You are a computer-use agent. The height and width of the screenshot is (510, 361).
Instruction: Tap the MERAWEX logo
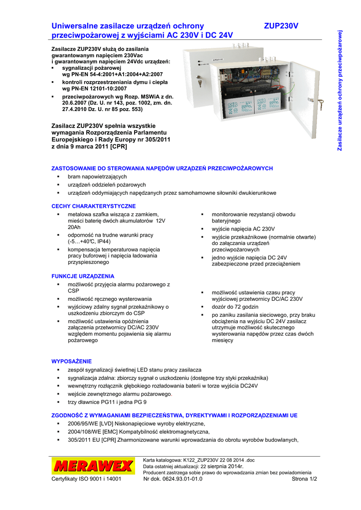pos(93,467)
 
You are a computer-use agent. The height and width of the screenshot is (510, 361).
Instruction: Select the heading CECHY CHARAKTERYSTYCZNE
pos(94,206)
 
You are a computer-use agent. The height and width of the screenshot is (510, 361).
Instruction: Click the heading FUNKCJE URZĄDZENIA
pos(83,276)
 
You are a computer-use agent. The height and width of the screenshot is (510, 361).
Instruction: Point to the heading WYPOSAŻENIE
pos(72,361)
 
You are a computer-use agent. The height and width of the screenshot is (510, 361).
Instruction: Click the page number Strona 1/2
pos(304,479)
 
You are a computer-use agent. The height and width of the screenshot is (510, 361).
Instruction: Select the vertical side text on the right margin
pos(340,90)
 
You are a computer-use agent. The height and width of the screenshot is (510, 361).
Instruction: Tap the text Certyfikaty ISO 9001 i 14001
pos(86,479)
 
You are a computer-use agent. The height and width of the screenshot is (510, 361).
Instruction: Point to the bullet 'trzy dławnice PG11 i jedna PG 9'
pos(107,402)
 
